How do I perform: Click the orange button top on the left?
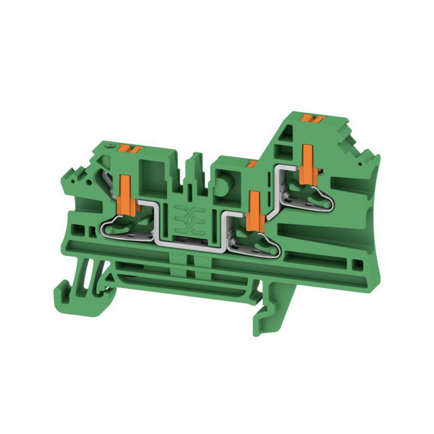tap(133, 148)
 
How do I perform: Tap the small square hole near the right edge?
tap(356, 264)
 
